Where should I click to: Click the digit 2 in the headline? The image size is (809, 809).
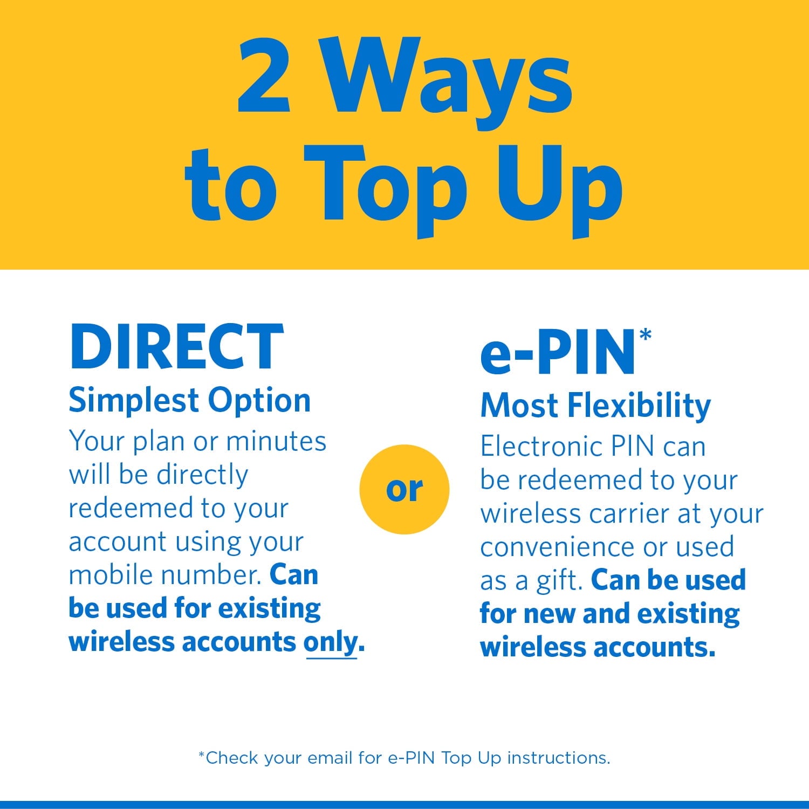(264, 76)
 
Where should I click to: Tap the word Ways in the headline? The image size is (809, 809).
(448, 78)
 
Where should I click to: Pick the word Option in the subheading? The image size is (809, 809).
(259, 402)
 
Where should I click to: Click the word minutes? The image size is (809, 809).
(276, 441)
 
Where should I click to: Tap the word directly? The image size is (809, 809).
(202, 475)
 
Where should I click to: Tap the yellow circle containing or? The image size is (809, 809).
(404, 489)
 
